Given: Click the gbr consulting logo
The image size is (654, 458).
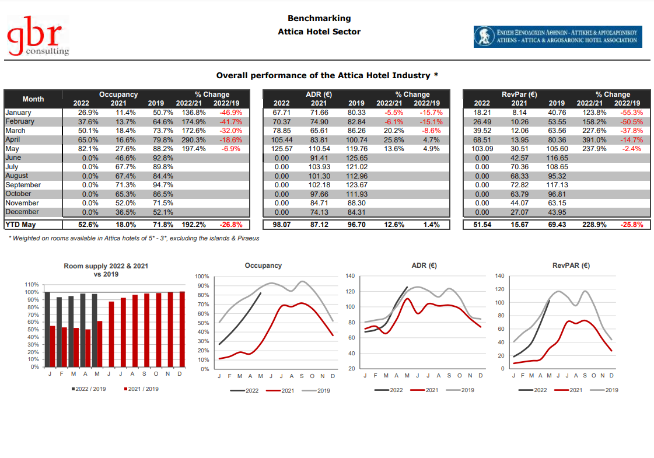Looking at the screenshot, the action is click(37, 36).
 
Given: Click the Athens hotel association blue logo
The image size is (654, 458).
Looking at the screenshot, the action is click(558, 37).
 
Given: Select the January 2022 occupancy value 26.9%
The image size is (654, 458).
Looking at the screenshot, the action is click(88, 113).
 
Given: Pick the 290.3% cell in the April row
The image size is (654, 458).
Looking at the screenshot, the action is click(194, 140).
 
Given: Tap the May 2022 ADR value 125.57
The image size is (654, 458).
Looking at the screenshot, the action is click(282, 149).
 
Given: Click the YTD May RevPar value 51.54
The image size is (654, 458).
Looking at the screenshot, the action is click(482, 225).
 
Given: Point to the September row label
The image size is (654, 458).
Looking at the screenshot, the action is click(23, 185).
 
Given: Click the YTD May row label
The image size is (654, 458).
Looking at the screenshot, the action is click(20, 225).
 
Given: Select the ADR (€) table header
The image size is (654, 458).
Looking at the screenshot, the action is click(319, 95).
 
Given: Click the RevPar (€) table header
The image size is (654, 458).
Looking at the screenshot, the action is click(519, 95).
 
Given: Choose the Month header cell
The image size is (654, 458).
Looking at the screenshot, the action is click(33, 99).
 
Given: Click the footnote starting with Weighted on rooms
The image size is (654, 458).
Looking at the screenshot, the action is click(134, 238).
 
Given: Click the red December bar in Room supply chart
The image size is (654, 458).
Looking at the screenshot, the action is click(182, 330).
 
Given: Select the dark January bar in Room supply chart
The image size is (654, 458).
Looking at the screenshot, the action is click(47, 330).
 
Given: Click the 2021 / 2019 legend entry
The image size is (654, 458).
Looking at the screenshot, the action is click(141, 389).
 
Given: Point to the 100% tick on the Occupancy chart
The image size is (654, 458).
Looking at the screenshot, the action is click(202, 276).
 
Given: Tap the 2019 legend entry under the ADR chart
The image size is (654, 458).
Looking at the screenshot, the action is click(460, 390).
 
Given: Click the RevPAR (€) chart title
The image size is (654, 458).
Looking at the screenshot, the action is click(571, 265).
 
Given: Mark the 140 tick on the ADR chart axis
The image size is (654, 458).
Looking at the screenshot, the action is click(351, 276).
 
